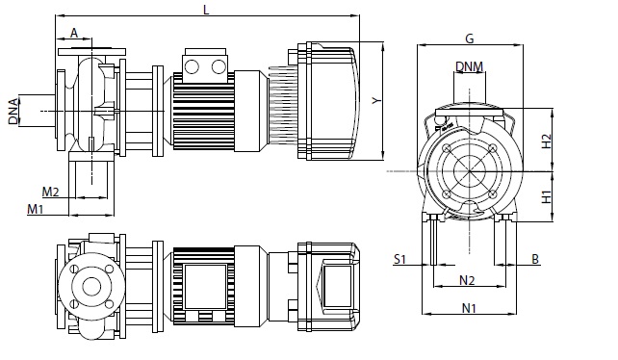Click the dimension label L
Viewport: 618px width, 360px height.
(206, 10)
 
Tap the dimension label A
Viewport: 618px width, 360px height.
(74, 33)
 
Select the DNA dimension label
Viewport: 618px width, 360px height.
(13, 112)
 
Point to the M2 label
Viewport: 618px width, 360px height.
(50, 192)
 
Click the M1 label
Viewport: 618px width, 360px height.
(35, 209)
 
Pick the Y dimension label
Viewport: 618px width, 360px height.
(377, 101)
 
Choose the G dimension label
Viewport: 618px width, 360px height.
(470, 39)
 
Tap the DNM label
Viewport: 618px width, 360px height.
(469, 66)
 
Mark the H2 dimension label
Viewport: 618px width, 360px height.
(546, 141)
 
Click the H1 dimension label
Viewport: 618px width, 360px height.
(546, 196)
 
